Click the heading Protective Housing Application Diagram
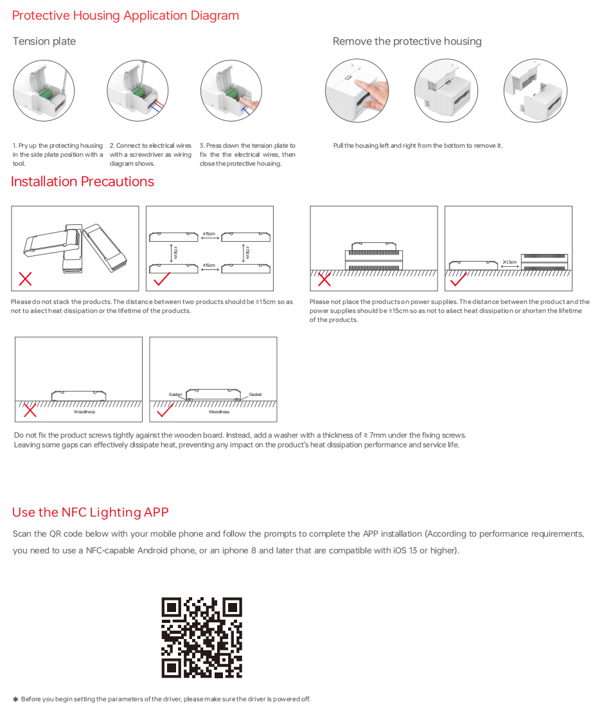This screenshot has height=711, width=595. click(125, 15)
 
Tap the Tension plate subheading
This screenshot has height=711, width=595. click(44, 41)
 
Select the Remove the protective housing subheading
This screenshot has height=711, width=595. click(407, 41)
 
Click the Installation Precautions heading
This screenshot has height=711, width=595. click(82, 181)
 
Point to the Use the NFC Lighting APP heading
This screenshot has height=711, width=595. click(90, 512)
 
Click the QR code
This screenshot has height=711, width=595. click(202, 637)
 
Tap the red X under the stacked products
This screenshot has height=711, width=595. click(25, 278)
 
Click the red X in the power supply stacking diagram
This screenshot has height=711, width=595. click(324, 279)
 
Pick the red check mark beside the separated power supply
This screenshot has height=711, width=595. click(459, 279)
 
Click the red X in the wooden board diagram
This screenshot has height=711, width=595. click(29, 410)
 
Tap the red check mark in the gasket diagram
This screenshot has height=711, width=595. click(164, 410)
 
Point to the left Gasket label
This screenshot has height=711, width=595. click(175, 394)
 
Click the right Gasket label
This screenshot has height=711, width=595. click(255, 394)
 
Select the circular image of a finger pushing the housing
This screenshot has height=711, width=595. click(357, 90)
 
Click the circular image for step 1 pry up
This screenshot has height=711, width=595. click(45, 90)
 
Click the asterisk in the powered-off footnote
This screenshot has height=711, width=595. click(15, 699)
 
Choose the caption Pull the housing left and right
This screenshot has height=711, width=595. click(418, 146)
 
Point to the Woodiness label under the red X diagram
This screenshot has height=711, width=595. click(84, 412)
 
